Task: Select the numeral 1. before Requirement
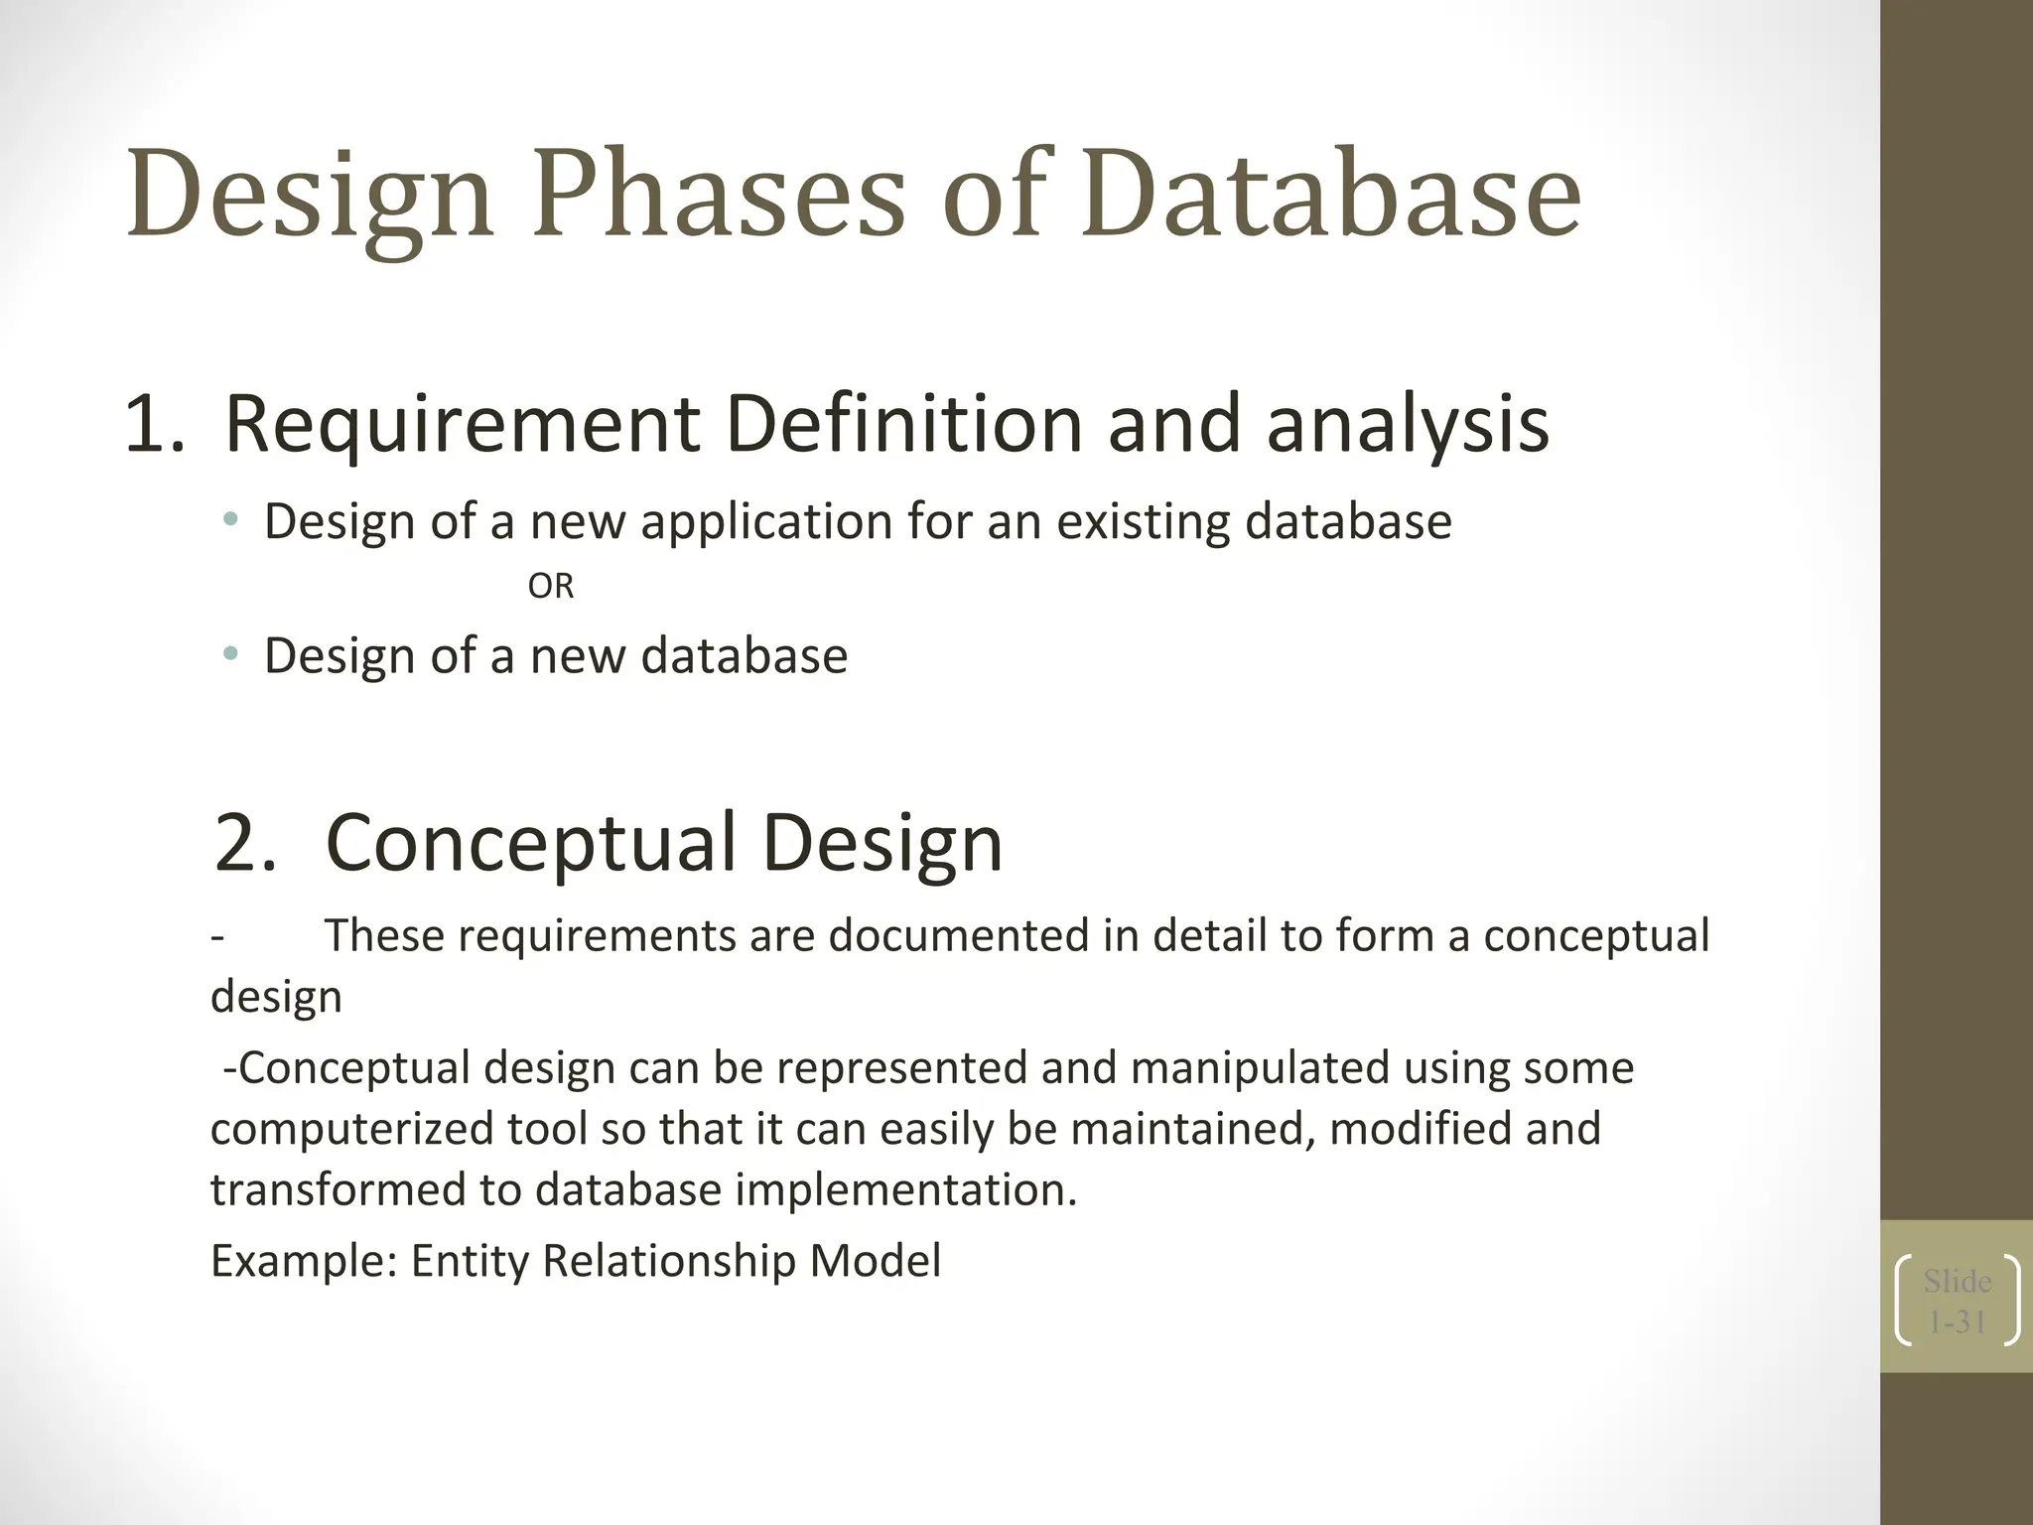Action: coord(154,425)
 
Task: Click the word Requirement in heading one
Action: coord(462,425)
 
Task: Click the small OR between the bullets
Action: coord(550,587)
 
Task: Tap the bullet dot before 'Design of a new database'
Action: coord(231,653)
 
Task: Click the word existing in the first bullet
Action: coord(1143,521)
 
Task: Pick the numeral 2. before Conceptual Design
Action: coord(244,843)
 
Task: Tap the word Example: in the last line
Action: coord(304,1261)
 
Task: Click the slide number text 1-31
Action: coord(1957,1322)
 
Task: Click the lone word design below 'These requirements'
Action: coord(276,997)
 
